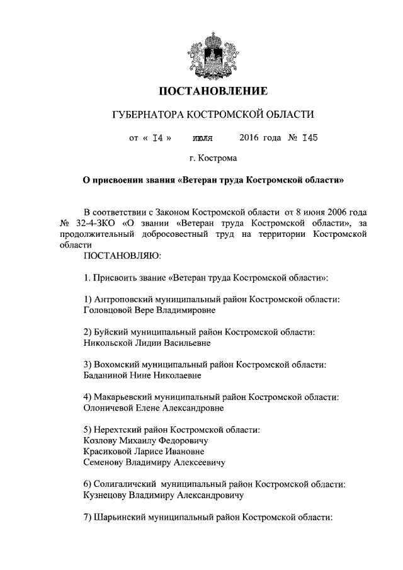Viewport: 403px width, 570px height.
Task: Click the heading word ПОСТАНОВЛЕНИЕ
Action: pos(213,91)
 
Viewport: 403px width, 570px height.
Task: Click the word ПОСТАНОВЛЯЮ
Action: pos(122,257)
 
